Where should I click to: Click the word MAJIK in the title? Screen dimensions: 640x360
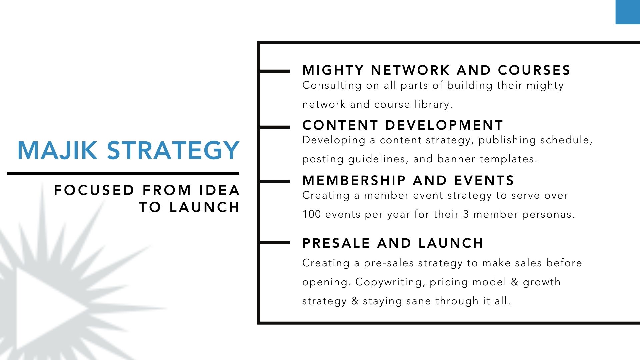pyautogui.click(x=57, y=150)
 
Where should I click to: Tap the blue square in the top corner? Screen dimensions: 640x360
pyautogui.click(x=628, y=12)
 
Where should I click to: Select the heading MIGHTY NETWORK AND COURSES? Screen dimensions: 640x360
pyautogui.click(x=436, y=70)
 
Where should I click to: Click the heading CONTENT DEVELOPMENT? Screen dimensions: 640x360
pyautogui.click(x=403, y=125)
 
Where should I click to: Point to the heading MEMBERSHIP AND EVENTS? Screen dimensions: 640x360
pyautogui.click(x=408, y=181)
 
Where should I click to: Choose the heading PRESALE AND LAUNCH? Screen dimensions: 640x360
pyautogui.click(x=393, y=243)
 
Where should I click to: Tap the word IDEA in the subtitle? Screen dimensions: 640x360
pyautogui.click(x=220, y=190)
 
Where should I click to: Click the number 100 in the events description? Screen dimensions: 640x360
pyautogui.click(x=312, y=214)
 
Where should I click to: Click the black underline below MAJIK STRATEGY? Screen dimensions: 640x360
pyautogui.click(x=123, y=173)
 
